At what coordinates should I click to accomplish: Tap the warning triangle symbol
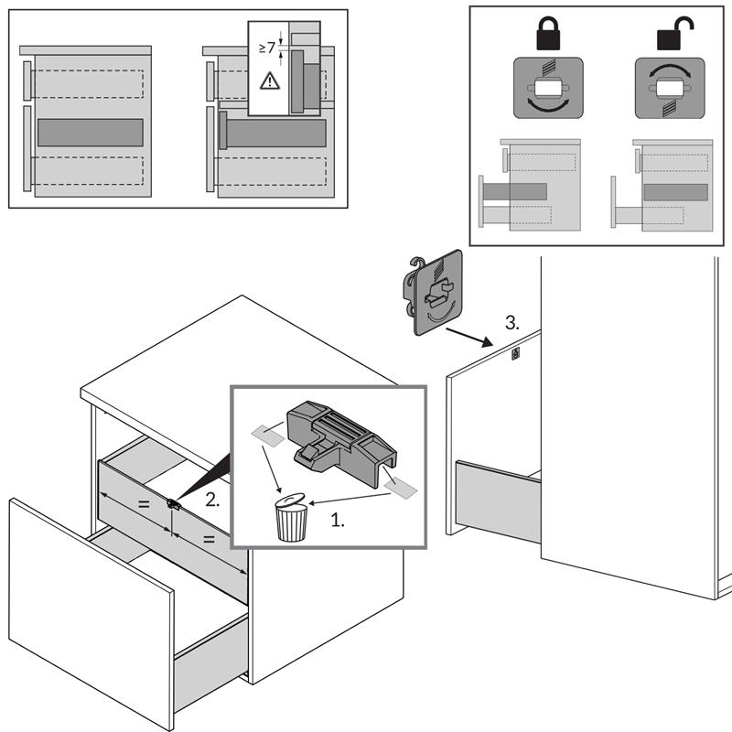click(x=269, y=81)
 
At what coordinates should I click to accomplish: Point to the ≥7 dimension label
click(x=267, y=47)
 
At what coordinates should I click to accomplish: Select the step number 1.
click(x=338, y=520)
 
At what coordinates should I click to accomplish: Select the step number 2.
click(x=211, y=501)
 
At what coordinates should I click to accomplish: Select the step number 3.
click(x=512, y=322)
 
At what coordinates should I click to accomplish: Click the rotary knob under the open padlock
click(x=670, y=88)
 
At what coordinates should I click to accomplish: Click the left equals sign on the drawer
click(x=142, y=504)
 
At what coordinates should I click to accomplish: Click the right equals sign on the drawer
click(x=209, y=540)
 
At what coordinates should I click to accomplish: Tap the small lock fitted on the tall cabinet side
click(x=515, y=353)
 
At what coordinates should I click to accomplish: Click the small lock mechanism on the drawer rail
click(x=172, y=504)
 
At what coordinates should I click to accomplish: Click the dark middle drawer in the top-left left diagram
click(x=90, y=133)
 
